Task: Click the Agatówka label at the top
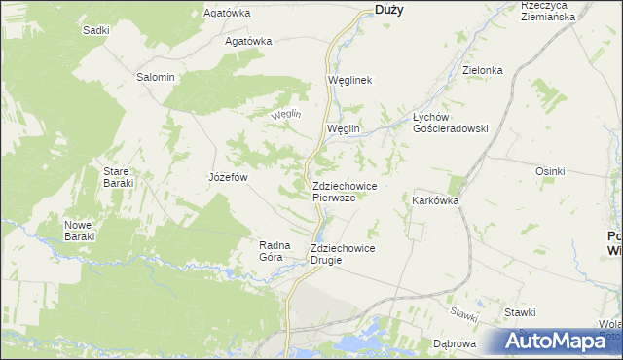pos(227,14)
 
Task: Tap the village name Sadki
pos(96,30)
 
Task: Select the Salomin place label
pos(156,77)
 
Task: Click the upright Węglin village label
pos(344,128)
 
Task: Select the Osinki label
pos(550,171)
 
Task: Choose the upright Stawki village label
pos(520,312)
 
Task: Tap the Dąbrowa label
pos(454,344)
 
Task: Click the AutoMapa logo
pos(562,341)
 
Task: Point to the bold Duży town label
pos(389,10)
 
